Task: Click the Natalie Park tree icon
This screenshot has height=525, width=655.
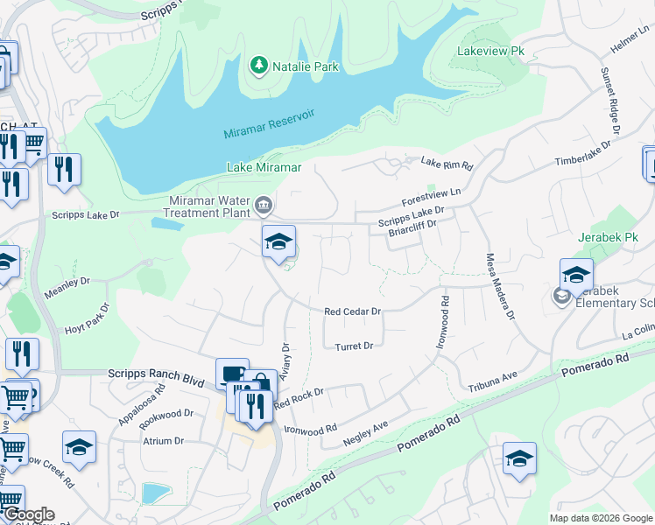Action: click(x=258, y=66)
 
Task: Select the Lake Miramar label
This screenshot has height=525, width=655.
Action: click(x=264, y=167)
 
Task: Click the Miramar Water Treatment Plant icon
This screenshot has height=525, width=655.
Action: click(x=264, y=207)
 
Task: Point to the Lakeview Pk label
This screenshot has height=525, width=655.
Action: click(x=490, y=52)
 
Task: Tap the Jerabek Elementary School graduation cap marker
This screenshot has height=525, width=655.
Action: click(x=576, y=276)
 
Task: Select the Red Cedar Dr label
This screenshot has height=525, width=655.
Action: click(x=352, y=311)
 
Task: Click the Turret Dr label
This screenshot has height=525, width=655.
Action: click(x=354, y=346)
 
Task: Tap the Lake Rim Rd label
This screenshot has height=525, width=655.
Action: click(x=447, y=164)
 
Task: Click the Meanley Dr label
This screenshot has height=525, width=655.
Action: click(x=73, y=282)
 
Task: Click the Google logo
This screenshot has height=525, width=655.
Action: click(x=28, y=514)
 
